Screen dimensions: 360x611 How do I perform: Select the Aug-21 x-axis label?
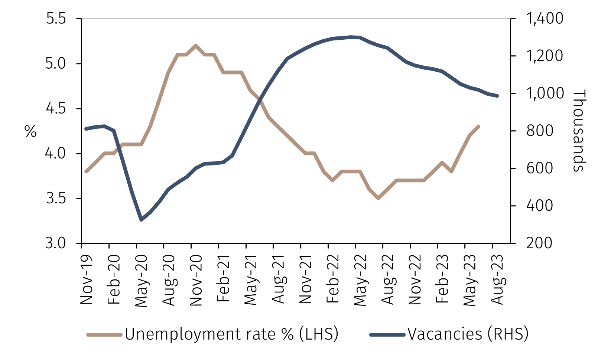(278, 280)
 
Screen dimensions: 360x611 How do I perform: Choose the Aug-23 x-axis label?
(497, 280)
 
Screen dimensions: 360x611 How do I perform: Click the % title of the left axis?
(31, 131)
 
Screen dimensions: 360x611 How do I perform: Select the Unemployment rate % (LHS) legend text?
(231, 334)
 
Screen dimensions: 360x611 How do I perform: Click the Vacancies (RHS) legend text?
(468, 334)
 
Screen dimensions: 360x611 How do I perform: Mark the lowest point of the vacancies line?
(141, 220)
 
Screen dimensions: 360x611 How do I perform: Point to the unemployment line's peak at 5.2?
(196, 46)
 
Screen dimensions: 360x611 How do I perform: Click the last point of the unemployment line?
(478, 127)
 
